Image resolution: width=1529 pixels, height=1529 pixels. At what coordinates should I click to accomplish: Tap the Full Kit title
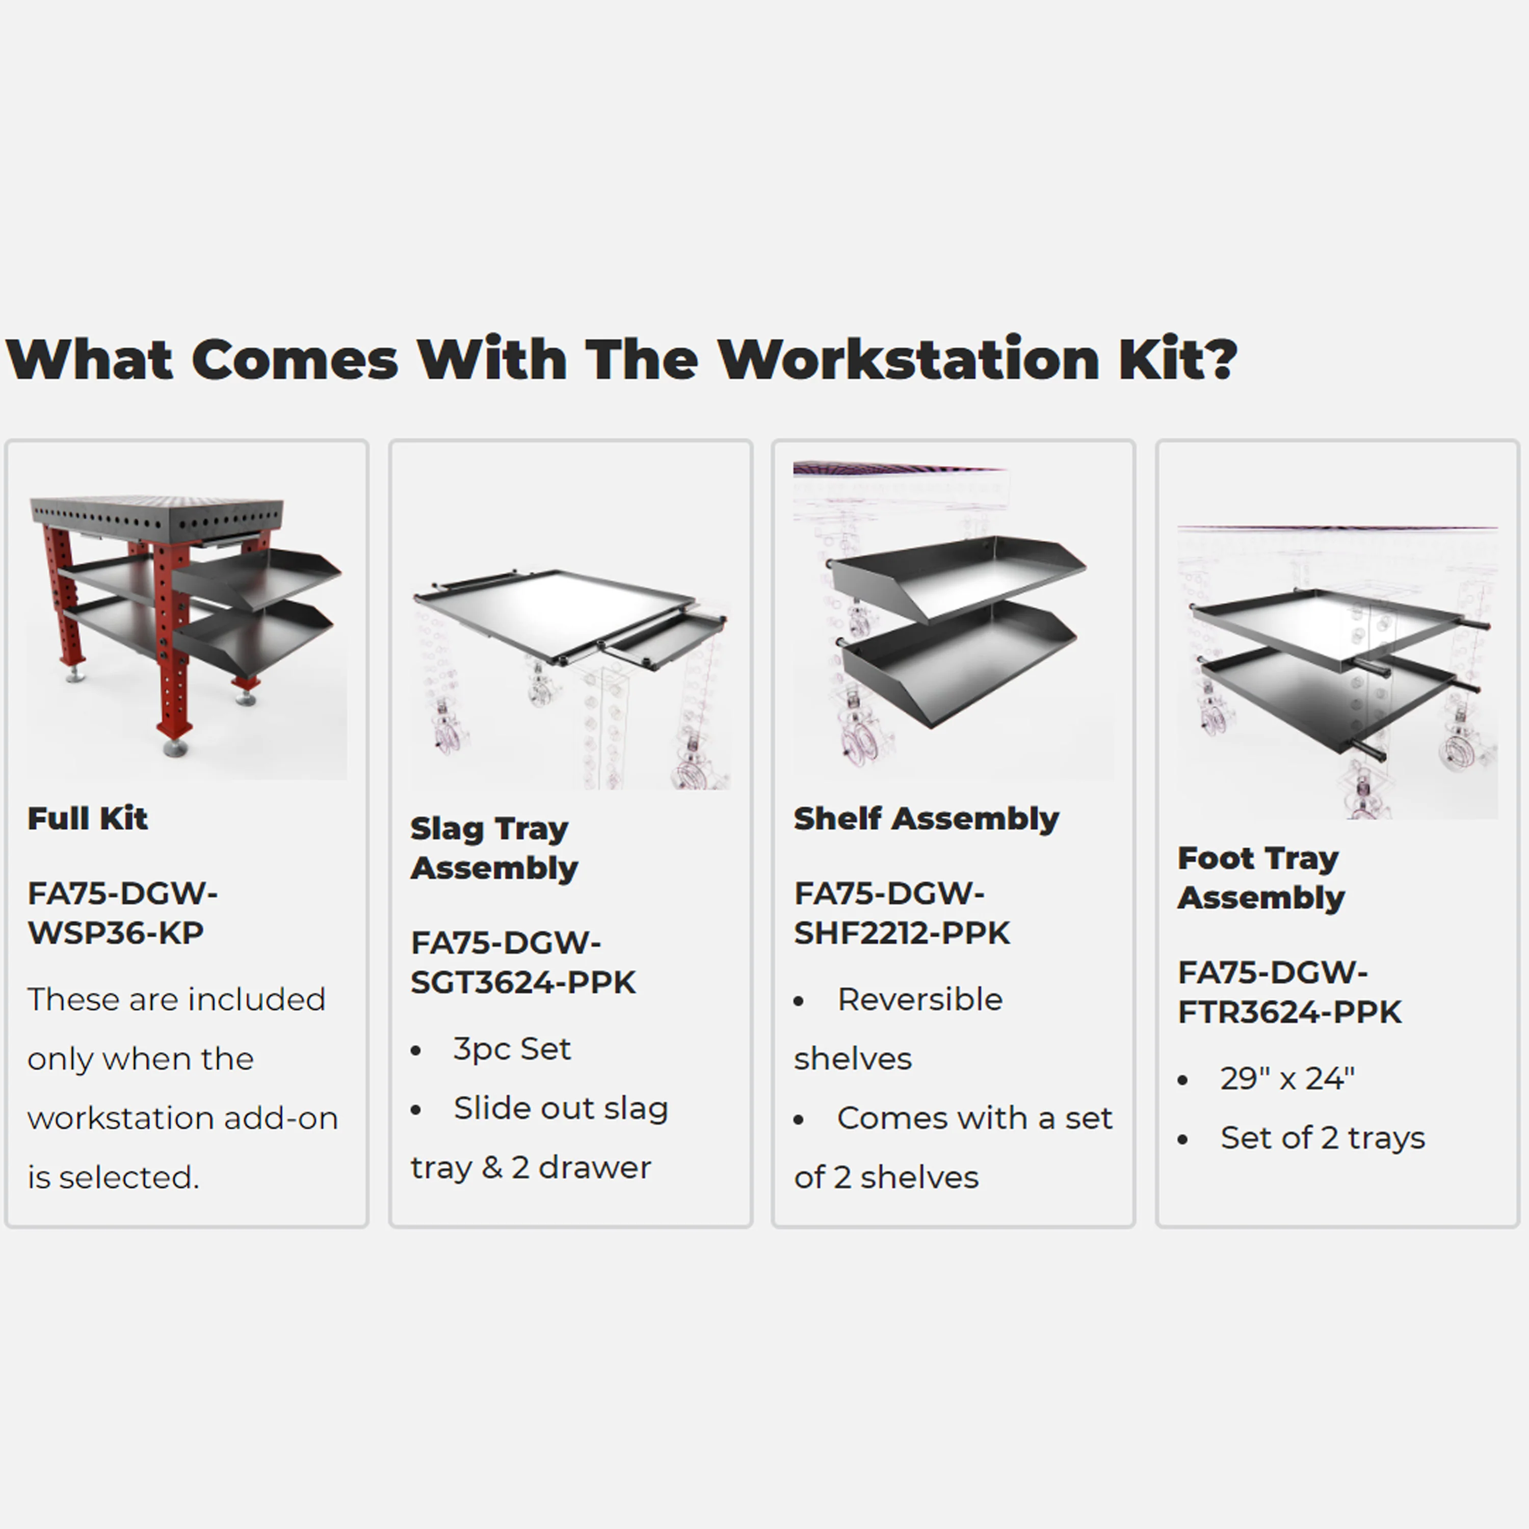click(x=88, y=819)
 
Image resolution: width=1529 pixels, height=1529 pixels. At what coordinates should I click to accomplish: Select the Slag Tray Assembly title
click(x=494, y=849)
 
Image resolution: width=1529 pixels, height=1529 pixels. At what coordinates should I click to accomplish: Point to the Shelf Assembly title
click(x=926, y=819)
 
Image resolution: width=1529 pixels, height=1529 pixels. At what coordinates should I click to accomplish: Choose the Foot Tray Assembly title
click(x=1261, y=878)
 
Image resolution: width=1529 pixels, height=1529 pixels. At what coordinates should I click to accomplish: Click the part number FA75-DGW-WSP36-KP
click(x=123, y=913)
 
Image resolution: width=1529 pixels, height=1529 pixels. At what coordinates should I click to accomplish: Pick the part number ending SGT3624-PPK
click(x=523, y=962)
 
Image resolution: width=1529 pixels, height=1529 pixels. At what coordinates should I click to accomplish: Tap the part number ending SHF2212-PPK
click(x=902, y=913)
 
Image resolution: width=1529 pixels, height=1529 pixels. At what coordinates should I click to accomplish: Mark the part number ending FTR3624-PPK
click(x=1290, y=992)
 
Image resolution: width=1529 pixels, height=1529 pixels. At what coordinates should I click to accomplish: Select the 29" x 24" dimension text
click(x=1287, y=1078)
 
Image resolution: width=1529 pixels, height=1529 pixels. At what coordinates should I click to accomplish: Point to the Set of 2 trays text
click(x=1323, y=1137)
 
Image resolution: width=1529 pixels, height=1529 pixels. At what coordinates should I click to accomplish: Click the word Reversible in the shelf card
click(x=919, y=999)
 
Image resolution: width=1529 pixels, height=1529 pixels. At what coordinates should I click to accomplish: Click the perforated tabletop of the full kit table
click(x=156, y=512)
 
